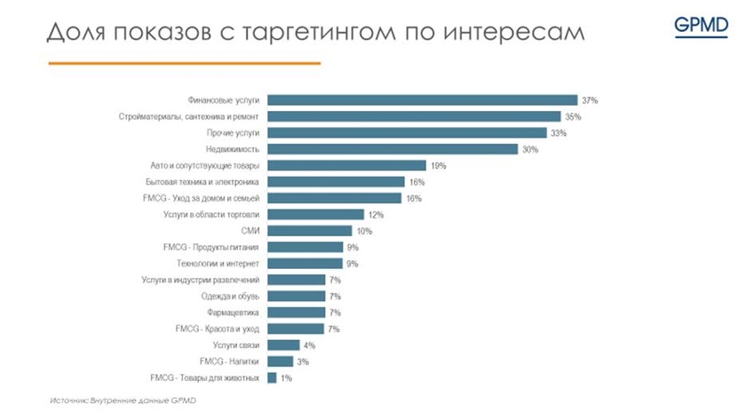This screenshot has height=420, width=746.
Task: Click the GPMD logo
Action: coord(701,25)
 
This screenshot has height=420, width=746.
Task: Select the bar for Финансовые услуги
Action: coord(423,100)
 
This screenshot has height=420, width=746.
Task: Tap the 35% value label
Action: coord(574,116)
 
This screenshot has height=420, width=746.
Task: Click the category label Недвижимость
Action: coord(233,149)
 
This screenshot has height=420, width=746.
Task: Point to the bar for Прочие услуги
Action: coord(407,133)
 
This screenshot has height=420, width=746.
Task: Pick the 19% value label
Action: coord(437,165)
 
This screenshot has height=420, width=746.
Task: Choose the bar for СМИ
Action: coord(310,231)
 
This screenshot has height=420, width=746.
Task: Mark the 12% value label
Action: coord(376,215)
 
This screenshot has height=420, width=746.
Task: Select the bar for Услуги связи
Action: coord(283,345)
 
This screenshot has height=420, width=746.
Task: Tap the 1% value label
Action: coord(286,378)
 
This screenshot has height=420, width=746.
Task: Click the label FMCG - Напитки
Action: coord(230,361)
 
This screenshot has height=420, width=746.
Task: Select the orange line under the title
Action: coord(184,63)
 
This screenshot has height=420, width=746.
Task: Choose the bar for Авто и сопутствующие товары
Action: coord(346,165)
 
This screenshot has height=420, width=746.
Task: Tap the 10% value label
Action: coord(364,231)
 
